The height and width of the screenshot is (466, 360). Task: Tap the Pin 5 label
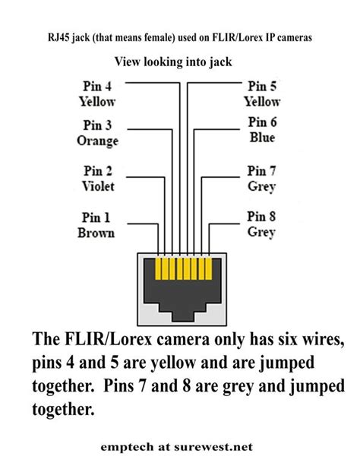(263, 87)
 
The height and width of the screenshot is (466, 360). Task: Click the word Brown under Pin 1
(96, 233)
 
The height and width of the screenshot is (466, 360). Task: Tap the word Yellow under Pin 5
(262, 100)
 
